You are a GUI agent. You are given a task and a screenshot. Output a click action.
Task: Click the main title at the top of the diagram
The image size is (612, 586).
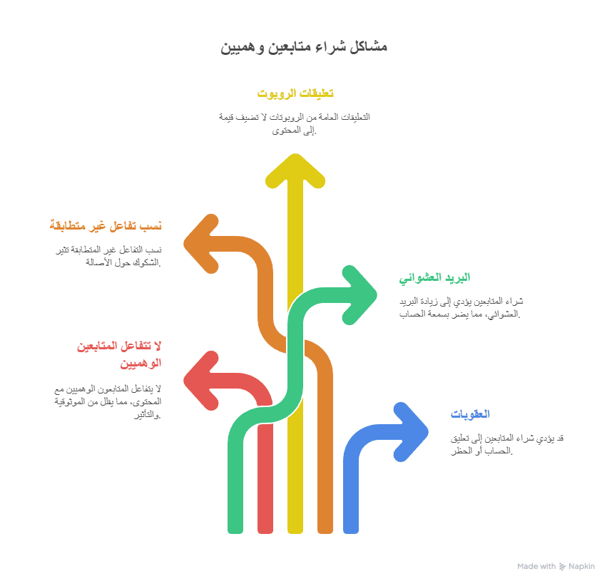pyautogui.click(x=305, y=47)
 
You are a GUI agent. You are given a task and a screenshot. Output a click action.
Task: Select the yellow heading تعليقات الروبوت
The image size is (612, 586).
pyautogui.click(x=295, y=93)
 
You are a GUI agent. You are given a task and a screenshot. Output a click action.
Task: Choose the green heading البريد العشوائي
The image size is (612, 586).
pyautogui.click(x=435, y=277)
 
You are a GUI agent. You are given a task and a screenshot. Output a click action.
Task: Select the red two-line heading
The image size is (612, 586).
pyautogui.click(x=119, y=354)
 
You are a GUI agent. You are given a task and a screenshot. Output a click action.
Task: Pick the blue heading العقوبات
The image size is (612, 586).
pyautogui.click(x=470, y=414)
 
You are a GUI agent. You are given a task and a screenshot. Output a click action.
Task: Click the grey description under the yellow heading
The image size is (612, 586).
pyautogui.click(x=295, y=123)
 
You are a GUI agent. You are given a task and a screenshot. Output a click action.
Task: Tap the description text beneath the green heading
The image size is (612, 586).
pyautogui.click(x=461, y=307)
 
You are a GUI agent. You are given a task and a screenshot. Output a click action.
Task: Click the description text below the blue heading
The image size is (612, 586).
pyautogui.click(x=507, y=443)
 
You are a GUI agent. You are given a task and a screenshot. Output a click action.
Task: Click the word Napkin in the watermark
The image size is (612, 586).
pyautogui.click(x=581, y=566)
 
